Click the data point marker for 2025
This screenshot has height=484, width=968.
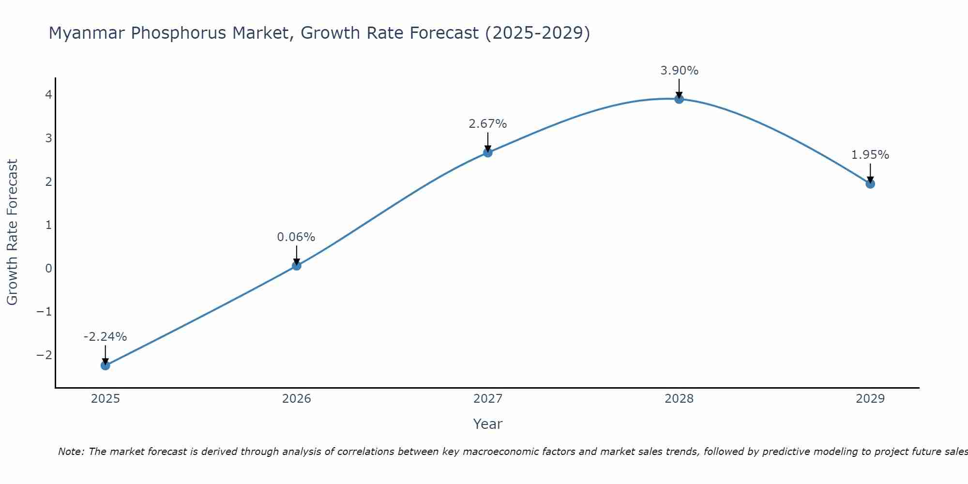106,365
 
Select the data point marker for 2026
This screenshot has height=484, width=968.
297,266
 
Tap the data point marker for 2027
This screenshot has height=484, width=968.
488,152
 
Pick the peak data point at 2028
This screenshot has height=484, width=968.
679,99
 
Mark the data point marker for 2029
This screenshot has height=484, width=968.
870,184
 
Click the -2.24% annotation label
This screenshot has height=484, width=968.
105,337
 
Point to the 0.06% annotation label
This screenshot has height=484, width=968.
296,237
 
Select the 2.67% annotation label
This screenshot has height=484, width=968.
488,124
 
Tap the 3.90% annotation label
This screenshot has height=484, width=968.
680,71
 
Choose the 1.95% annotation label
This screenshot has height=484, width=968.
870,155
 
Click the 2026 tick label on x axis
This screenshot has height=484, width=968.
297,399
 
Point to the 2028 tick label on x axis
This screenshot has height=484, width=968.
679,399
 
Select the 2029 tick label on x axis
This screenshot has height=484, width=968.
870,399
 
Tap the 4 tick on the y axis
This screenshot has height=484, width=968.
48,95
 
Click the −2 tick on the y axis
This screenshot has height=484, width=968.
44,355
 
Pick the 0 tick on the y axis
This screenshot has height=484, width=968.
48,269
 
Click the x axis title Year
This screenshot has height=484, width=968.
488,424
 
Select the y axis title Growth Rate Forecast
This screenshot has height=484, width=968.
12,232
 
